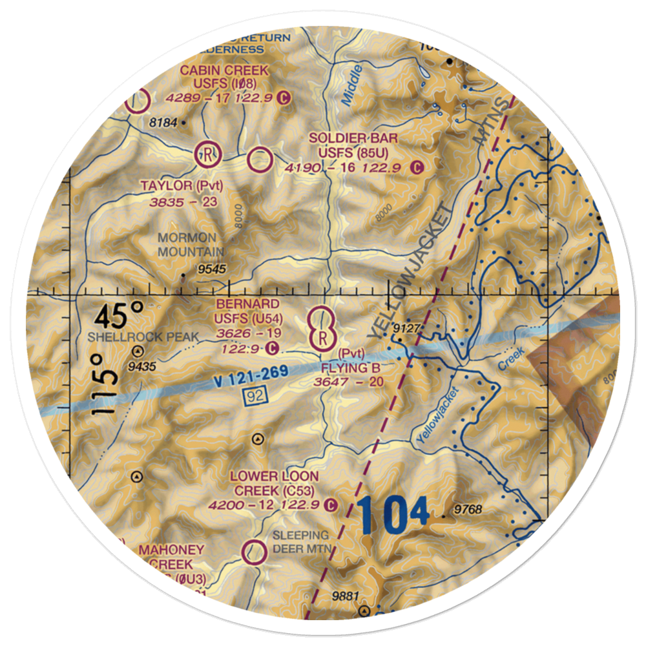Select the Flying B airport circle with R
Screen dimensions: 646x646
tap(322, 337)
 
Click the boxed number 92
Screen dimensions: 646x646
tap(254, 398)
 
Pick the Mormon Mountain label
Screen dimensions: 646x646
tap(191, 245)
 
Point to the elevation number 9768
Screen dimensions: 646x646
tap(468, 510)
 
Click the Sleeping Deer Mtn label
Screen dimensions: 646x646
tap(300, 542)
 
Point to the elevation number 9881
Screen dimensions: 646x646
tap(345, 596)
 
